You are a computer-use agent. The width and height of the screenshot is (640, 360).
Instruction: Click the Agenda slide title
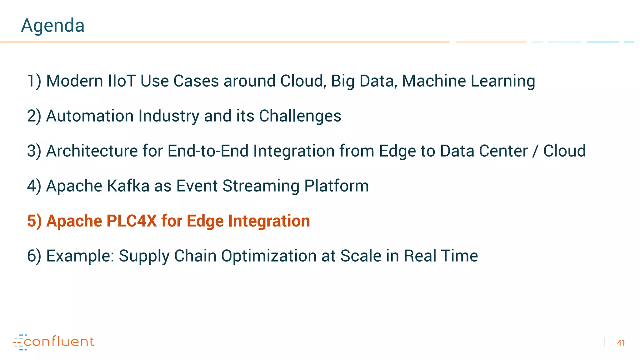(x=52, y=26)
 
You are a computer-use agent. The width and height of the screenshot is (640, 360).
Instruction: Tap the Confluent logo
(x=54, y=342)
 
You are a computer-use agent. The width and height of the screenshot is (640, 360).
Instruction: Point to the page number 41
(x=621, y=343)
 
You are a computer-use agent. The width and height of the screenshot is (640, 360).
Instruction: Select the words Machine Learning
(x=468, y=81)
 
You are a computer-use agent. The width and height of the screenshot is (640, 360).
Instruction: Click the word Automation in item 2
(x=90, y=116)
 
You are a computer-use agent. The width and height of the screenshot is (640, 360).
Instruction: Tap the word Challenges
(x=300, y=116)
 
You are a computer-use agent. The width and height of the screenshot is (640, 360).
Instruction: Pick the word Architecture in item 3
(x=92, y=151)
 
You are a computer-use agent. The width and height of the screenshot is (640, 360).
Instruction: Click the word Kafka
(x=128, y=186)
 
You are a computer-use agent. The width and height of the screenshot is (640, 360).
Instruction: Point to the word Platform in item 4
(x=336, y=186)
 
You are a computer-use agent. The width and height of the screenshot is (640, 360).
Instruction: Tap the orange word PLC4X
(x=132, y=221)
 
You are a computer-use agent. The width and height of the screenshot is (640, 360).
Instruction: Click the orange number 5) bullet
(x=34, y=221)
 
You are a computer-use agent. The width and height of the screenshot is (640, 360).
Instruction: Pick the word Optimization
(x=269, y=256)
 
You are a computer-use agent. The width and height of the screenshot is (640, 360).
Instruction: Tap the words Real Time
(x=441, y=256)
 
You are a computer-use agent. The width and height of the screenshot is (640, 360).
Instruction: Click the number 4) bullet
(x=34, y=186)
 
